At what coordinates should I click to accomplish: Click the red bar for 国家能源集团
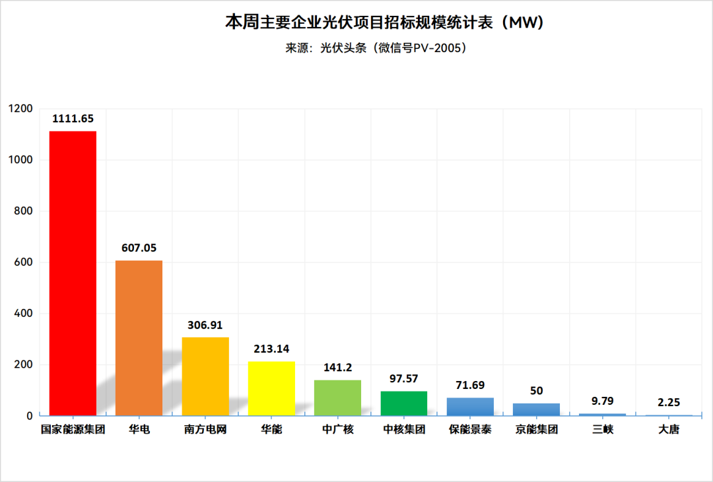[x=73, y=273]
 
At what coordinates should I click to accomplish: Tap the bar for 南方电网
[x=205, y=376]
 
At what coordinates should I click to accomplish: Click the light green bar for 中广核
[x=337, y=397]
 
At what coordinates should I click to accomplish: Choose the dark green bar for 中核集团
[x=404, y=403]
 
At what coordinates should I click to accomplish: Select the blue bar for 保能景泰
[x=470, y=407]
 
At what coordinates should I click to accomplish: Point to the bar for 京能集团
[x=536, y=409]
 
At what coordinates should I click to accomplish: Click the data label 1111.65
[x=73, y=119]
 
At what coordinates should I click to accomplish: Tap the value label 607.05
[x=139, y=248]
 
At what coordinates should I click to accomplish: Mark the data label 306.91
[x=205, y=325]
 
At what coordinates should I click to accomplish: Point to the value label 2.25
[x=669, y=402]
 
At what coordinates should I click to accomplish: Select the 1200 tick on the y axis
[x=20, y=109]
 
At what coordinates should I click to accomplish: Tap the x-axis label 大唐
[x=669, y=430]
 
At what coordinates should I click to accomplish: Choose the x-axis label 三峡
[x=603, y=430]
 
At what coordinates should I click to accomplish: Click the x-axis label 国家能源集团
[x=73, y=430]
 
